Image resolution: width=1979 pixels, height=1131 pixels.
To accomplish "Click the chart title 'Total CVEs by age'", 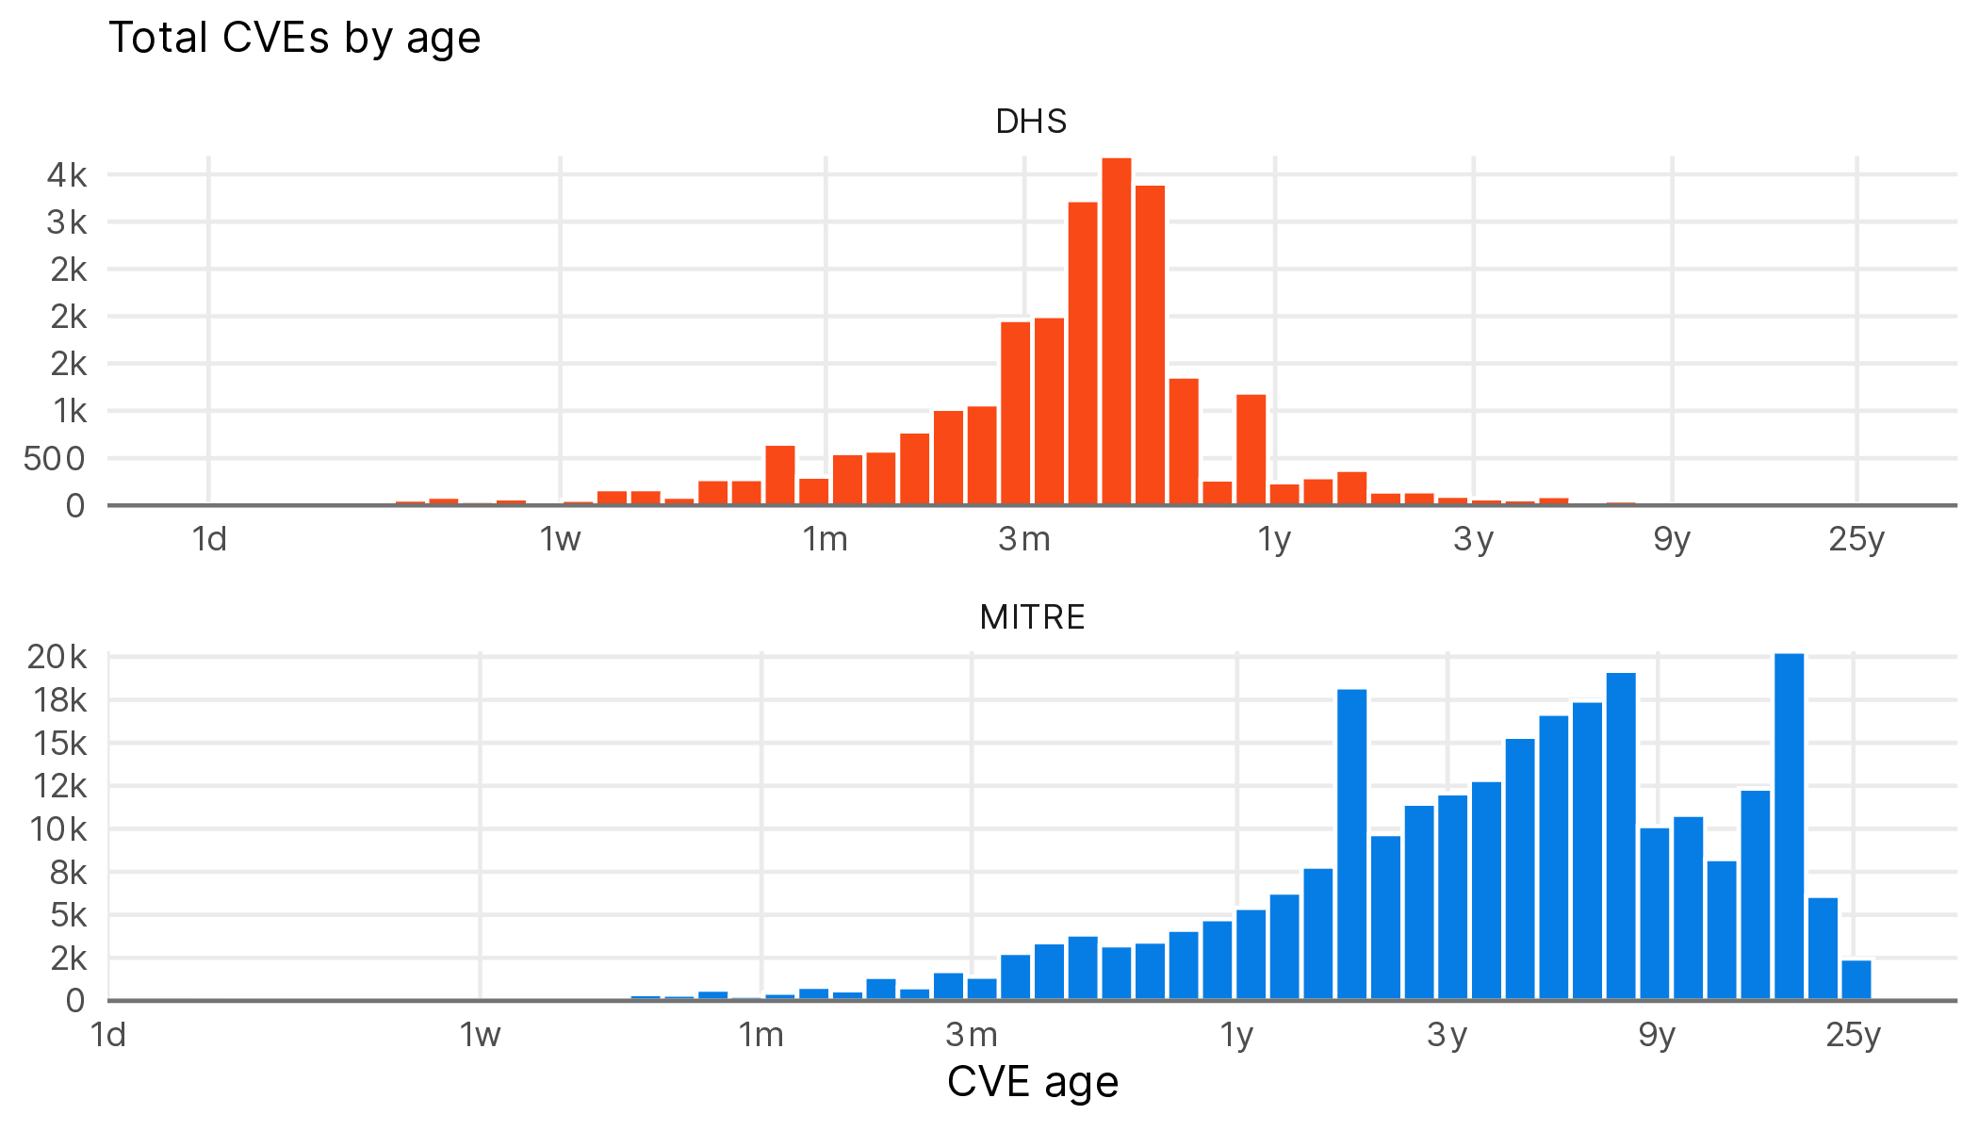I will click(295, 39).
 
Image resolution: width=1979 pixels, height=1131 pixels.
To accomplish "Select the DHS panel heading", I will click(1031, 122).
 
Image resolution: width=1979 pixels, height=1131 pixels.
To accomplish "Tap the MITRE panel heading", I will click(1032, 617).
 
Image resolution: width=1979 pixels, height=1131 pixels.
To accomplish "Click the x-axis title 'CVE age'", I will click(1032, 1081).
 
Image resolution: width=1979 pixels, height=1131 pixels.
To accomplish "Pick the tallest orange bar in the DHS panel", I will click(1117, 330).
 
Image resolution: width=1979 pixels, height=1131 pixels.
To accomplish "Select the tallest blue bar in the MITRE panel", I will click(1789, 826).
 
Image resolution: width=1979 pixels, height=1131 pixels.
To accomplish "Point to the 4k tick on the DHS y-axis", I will click(67, 175).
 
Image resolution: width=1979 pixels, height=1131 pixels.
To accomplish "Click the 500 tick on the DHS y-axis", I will click(54, 459).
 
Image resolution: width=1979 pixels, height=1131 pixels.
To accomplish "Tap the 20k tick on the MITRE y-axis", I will click(57, 657).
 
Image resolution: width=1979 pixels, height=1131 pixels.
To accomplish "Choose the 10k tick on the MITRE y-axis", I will click(58, 829).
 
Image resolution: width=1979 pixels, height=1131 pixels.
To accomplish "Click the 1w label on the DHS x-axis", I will click(560, 539).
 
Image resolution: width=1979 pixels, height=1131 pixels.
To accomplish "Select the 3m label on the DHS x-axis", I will click(1024, 539).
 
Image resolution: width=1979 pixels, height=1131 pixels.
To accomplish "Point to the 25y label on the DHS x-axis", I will click(1856, 539).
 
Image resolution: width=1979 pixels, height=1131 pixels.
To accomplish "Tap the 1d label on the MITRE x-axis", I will click(108, 1035).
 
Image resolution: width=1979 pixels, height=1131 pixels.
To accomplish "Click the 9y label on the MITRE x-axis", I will click(1657, 1035).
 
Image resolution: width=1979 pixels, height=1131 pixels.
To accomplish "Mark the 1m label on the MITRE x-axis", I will click(761, 1035).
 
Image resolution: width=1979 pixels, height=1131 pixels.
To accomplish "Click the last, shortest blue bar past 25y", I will click(1856, 980).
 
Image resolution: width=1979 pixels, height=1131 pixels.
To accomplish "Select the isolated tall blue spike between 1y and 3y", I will click(1351, 844).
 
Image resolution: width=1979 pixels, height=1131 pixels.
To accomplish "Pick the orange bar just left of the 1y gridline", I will click(1251, 450).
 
